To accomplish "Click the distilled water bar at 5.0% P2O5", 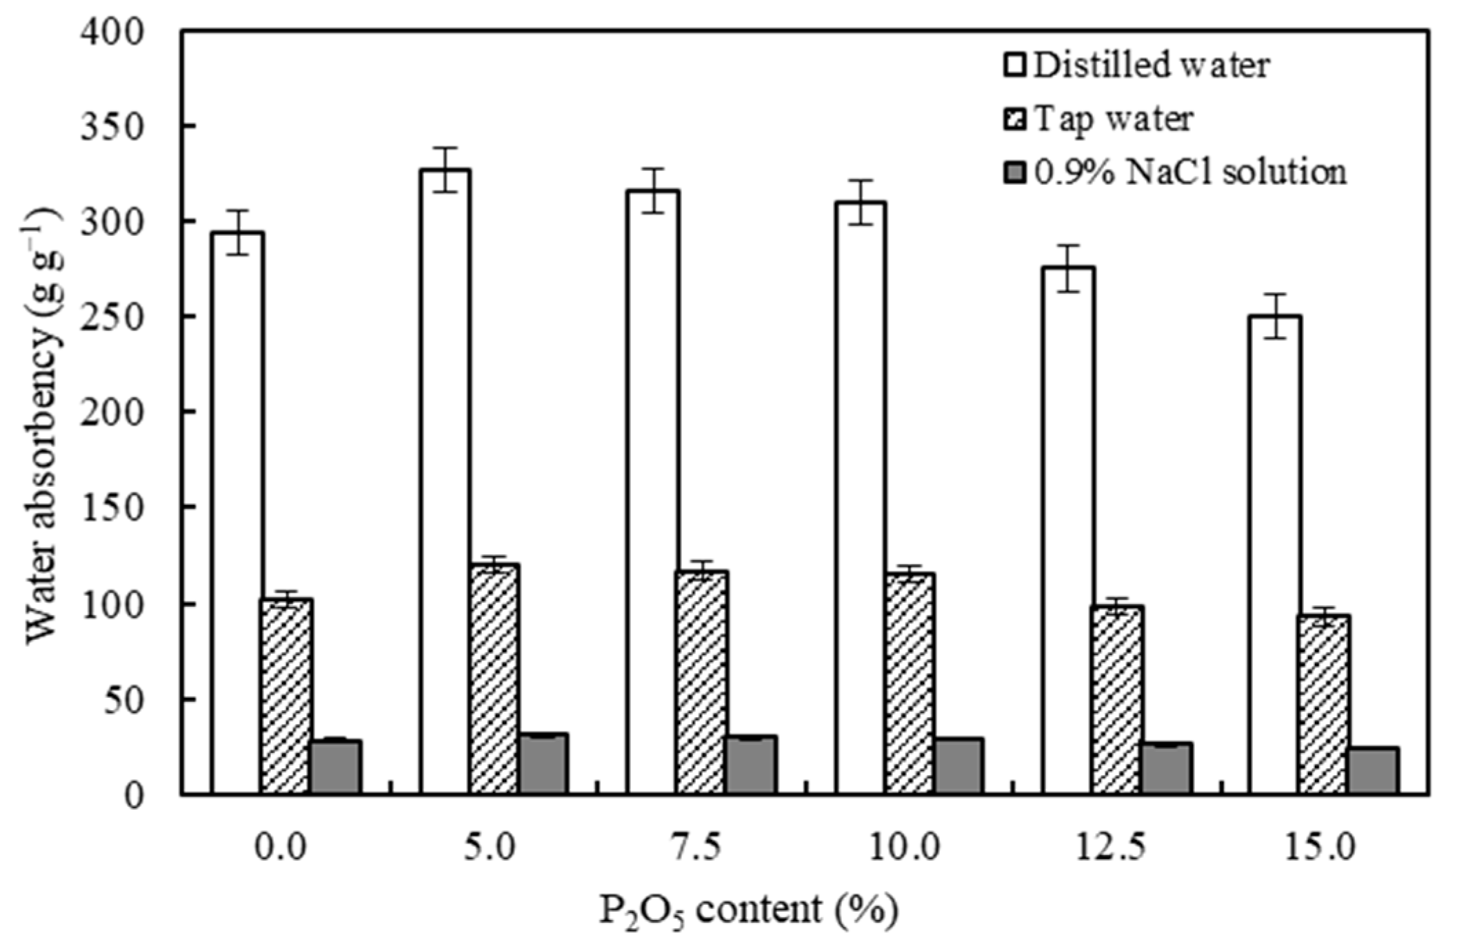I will (445, 483).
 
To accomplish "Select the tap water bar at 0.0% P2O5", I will (286, 697).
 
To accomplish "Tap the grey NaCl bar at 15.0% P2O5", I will (1373, 771).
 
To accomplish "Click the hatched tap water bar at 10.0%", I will (910, 683).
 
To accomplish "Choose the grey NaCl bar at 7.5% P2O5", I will (751, 765).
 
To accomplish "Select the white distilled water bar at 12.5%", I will (1067, 531).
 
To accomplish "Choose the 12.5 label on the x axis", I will (1111, 848).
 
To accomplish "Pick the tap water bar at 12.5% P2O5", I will (1117, 700).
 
